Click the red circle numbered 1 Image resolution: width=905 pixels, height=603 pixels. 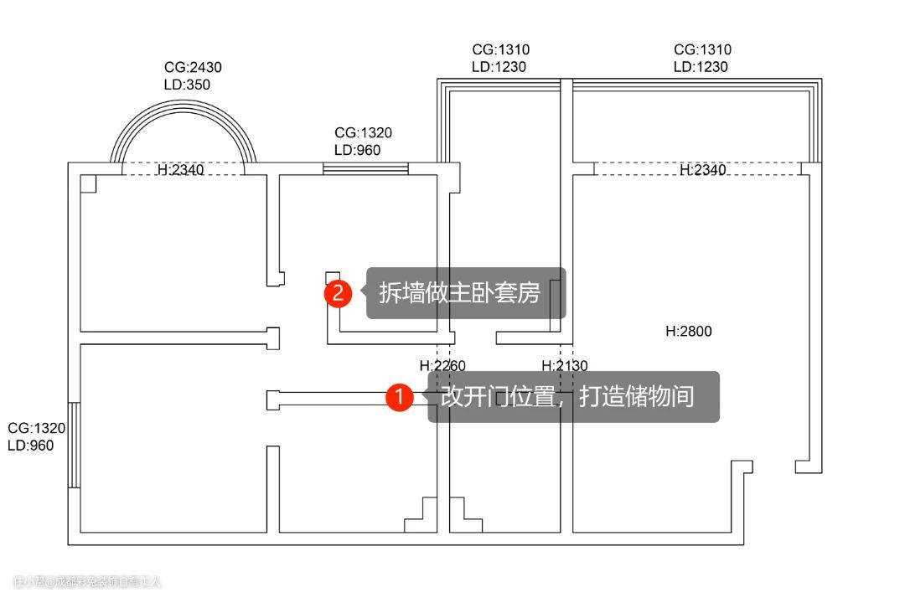tap(400, 397)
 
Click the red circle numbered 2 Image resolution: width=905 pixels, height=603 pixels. tap(339, 294)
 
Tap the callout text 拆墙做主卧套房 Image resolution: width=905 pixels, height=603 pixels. tap(459, 293)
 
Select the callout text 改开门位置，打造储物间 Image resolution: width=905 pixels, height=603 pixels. tap(567, 396)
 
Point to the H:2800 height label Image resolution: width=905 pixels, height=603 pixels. tap(688, 332)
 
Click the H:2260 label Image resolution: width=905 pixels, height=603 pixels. tap(442, 366)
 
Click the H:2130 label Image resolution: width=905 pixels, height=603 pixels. tap(565, 366)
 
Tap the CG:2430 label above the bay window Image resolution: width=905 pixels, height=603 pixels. tap(193, 68)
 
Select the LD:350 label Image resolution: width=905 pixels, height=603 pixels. tap(187, 85)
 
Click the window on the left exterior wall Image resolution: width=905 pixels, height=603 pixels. tap(74, 446)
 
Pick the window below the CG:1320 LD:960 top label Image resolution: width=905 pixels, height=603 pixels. tap(365, 169)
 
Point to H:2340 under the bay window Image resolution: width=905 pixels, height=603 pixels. tap(181, 171)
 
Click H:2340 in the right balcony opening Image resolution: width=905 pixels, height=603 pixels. tap(702, 171)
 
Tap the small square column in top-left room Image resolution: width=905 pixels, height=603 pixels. tap(88, 183)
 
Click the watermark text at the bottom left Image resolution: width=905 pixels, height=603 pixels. tap(87, 581)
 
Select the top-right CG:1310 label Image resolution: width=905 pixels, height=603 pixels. tap(702, 50)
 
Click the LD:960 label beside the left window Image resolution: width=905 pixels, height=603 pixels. tap(30, 446)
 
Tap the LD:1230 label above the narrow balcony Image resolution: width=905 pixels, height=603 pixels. tap(499, 67)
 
